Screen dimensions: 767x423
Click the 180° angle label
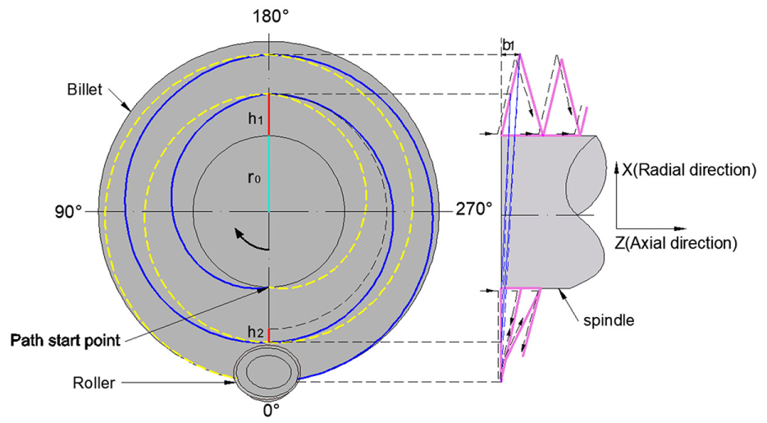click(270, 16)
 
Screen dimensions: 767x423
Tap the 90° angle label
click(68, 212)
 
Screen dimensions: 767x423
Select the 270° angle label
click(474, 209)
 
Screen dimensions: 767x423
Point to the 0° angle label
click(270, 411)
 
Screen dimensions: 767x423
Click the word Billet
click(84, 90)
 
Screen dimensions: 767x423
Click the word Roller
click(94, 383)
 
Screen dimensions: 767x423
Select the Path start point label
click(65, 340)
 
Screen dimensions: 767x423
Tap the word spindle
click(609, 320)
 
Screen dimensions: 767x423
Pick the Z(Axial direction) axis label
click(675, 243)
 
